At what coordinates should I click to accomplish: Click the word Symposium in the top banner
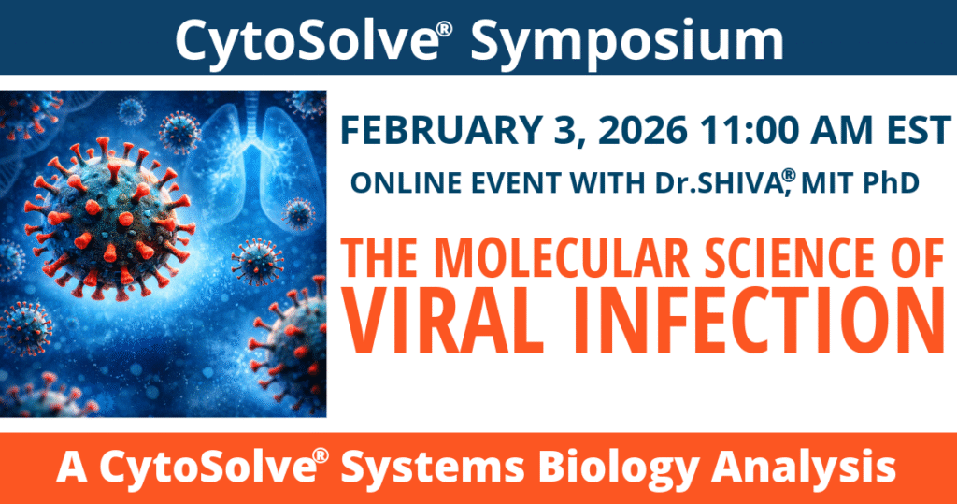coord(627,40)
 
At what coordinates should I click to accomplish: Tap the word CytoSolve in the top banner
coord(307,38)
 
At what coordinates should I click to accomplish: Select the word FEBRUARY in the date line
coord(441,130)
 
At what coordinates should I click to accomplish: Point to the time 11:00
coord(750,130)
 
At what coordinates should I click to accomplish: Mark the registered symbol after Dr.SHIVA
coord(788,176)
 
